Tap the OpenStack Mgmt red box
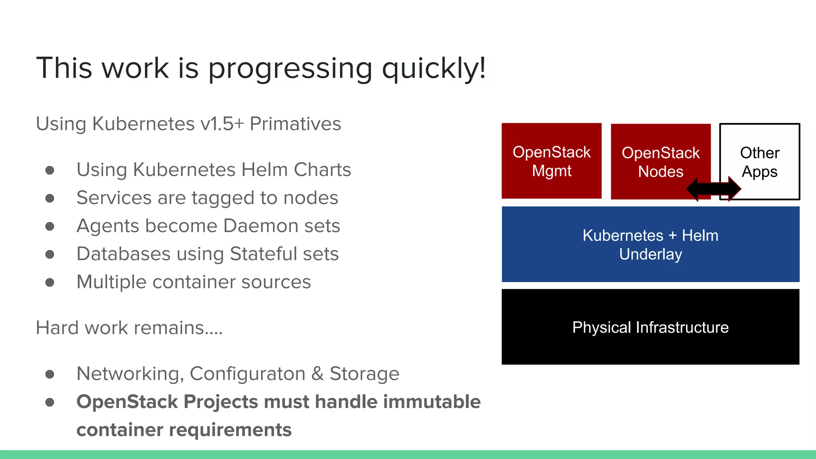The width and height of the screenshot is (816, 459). [x=551, y=161]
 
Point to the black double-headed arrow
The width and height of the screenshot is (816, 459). [x=713, y=189]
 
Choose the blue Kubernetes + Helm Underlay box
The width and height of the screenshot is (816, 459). [x=650, y=244]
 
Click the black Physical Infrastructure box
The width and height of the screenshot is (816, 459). [x=650, y=327]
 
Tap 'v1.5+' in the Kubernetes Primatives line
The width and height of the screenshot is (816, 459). [x=222, y=124]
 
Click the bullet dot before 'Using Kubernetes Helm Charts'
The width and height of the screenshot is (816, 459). [x=50, y=171]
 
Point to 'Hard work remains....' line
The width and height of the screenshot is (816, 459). [x=129, y=328]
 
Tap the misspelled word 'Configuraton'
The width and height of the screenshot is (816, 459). [x=247, y=374]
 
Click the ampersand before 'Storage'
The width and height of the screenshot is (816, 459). [x=317, y=374]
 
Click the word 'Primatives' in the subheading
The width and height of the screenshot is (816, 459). [x=295, y=124]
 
